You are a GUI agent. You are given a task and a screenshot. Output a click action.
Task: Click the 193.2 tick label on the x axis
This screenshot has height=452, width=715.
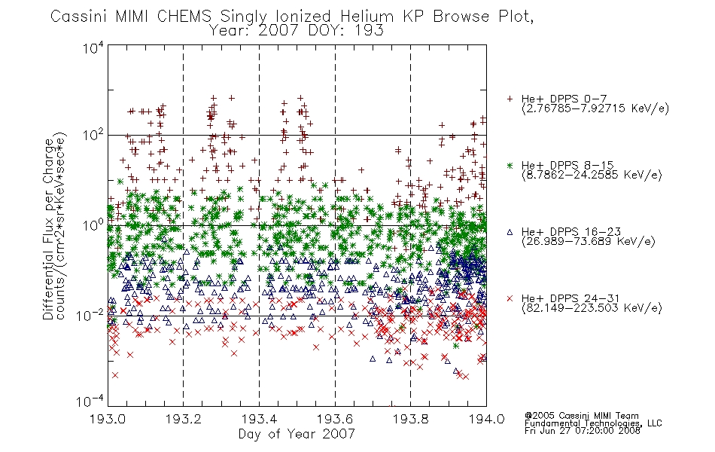(184, 419)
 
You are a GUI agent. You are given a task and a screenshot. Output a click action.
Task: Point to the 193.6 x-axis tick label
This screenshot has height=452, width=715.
(335, 419)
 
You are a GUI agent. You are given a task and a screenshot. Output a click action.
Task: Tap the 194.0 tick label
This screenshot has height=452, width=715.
(486, 419)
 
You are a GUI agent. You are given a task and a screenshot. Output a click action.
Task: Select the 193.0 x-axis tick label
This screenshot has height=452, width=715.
(108, 419)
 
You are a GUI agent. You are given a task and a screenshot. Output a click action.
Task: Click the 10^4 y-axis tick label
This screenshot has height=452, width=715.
(93, 47)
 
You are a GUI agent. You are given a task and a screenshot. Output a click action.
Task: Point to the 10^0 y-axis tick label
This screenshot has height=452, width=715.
(93, 225)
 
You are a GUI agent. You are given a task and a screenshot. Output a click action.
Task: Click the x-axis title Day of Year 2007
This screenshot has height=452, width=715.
(297, 434)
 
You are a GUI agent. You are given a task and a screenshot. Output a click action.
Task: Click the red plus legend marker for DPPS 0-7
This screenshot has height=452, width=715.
(510, 99)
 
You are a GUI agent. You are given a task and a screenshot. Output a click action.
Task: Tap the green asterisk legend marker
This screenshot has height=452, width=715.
(510, 165)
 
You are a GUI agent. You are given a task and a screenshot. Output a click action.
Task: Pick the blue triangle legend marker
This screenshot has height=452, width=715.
(510, 232)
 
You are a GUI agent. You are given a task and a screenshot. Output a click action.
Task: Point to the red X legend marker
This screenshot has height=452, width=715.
(510, 298)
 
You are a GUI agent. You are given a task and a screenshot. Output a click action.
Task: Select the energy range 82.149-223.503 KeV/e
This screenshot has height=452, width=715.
(592, 308)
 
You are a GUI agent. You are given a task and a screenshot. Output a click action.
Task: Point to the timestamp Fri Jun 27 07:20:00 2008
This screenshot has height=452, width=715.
(583, 430)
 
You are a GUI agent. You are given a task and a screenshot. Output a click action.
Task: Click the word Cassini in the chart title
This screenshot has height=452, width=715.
(78, 17)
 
